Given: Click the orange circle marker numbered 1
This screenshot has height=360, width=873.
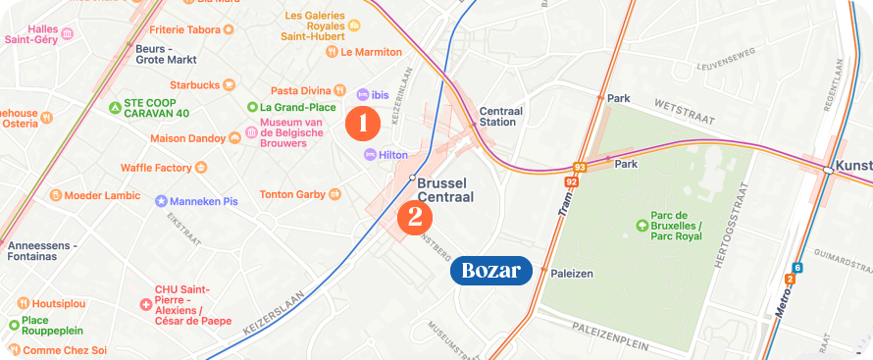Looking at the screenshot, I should coord(363,124).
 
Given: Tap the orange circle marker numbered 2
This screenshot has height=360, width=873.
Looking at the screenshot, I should coord(415,216).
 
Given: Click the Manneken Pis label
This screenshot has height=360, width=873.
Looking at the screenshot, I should coord(204,201).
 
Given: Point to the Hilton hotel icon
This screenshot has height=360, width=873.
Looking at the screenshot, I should coord(370,155).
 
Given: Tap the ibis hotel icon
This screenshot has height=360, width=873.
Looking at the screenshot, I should coord(363,94).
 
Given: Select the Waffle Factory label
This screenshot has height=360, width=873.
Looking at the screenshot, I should coord(156,168).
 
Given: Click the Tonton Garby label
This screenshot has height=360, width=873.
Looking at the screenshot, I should coord(292,194).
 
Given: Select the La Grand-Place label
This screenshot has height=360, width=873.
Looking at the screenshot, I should coord(291,107).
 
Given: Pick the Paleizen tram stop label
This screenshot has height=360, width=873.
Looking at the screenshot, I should coord(572,274).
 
